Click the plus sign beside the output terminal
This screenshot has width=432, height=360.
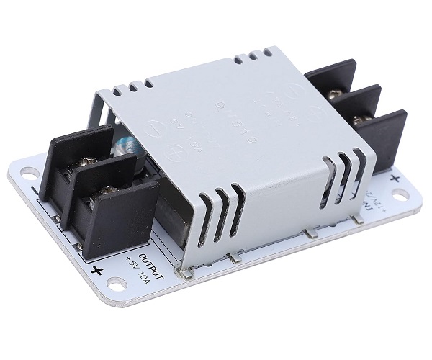click(x=96, y=270)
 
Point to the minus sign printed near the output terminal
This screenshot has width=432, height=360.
click(x=36, y=193)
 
